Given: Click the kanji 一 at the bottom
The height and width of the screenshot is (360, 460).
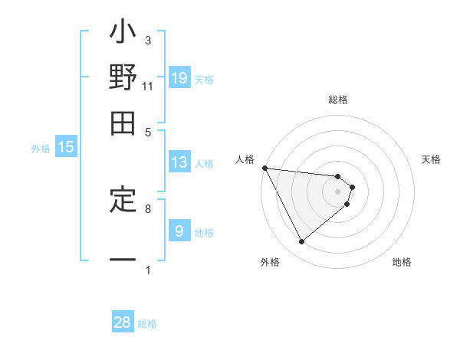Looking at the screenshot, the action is [x=123, y=261].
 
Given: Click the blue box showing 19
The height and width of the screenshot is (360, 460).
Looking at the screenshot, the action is [x=179, y=77].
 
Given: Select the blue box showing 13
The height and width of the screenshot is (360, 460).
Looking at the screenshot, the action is [x=179, y=162].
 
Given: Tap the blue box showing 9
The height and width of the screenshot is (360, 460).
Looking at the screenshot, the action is [x=179, y=231].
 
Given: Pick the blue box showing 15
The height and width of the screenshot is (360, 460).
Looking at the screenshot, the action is [x=66, y=148].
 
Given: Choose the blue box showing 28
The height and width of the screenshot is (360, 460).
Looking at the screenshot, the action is [x=123, y=322].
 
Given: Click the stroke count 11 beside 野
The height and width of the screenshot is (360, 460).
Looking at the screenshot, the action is [x=147, y=87].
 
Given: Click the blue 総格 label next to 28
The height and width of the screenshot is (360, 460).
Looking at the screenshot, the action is [x=148, y=324].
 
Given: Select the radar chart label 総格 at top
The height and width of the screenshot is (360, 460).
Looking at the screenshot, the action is [x=338, y=100].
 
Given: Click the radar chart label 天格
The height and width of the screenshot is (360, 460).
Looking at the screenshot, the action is [x=432, y=159].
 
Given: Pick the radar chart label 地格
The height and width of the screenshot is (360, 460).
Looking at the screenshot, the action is [x=402, y=262].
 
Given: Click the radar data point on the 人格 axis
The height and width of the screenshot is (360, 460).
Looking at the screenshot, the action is [x=264, y=168].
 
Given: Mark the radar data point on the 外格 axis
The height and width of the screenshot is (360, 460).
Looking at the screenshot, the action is [x=301, y=242].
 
